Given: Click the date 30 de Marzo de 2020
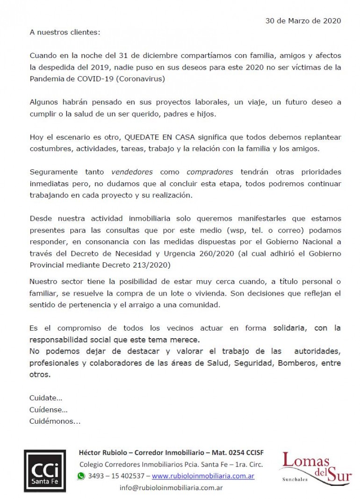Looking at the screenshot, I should [x=303, y=21].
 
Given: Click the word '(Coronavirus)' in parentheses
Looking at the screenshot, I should [x=142, y=79].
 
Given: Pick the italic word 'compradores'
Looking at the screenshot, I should [x=209, y=172].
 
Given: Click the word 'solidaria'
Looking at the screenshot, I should [x=288, y=328].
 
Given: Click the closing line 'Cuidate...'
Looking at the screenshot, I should [x=46, y=398].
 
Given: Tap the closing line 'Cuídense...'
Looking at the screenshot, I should [x=49, y=410].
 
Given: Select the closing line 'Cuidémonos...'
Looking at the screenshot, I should [x=55, y=421].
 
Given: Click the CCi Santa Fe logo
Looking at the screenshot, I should [x=45, y=471].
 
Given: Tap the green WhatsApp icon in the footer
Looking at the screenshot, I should [x=81, y=476].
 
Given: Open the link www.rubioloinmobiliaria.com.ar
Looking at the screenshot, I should [x=203, y=476].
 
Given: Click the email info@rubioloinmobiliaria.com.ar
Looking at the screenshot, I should [x=171, y=487].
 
